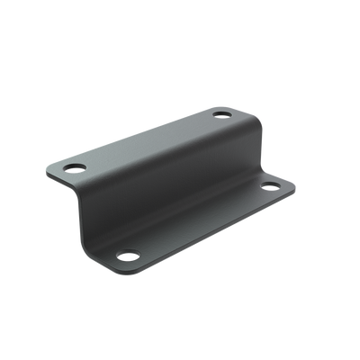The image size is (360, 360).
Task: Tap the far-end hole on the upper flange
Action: click(x=220, y=114)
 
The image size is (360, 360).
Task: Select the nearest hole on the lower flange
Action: click(x=126, y=256)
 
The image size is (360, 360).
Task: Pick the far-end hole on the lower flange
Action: click(x=270, y=187)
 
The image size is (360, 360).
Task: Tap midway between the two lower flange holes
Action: click(x=198, y=221)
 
